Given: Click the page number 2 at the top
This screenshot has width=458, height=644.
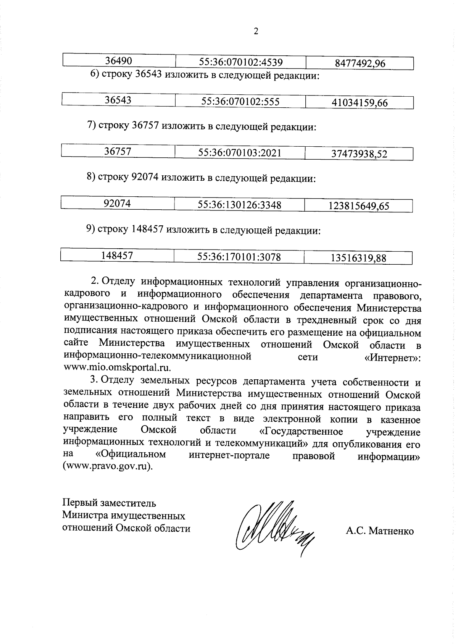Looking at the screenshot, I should pos(256,31).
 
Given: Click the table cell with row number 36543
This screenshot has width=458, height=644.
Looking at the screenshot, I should pos(118,100).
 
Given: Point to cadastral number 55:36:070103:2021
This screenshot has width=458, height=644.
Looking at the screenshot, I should pos(239,153).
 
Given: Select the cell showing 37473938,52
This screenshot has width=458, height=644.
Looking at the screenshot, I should pos(359,154).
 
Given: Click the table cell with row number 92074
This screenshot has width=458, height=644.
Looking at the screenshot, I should pos(117,204).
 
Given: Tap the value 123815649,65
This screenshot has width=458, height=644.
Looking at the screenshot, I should pos(358,206).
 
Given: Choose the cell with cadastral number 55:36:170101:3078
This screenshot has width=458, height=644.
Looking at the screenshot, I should pos(239,257).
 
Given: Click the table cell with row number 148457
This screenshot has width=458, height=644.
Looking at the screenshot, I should pos(117,256).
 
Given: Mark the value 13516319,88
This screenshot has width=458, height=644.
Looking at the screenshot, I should pos(358,258).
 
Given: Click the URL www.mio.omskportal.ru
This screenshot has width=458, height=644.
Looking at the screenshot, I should pos(117,368).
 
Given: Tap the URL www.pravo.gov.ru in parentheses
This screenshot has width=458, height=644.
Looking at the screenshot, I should pos(107,467).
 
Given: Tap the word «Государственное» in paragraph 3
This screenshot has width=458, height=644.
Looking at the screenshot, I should pos(300,431).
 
